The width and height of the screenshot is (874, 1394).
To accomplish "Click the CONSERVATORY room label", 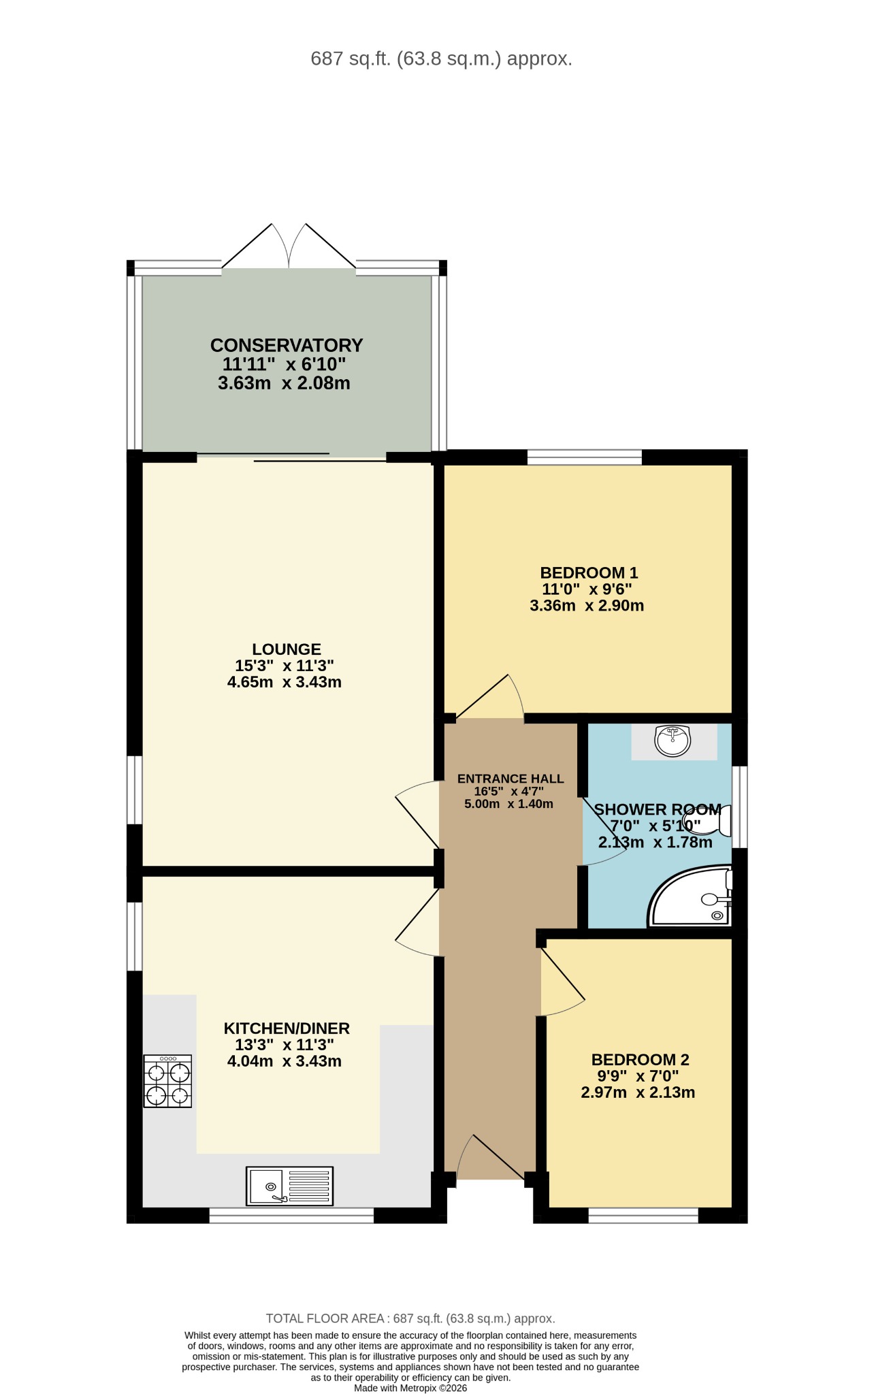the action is tap(287, 345).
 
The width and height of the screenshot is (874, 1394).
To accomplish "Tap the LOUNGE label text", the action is tap(287, 649).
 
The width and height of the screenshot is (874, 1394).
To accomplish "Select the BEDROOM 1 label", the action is tap(589, 573).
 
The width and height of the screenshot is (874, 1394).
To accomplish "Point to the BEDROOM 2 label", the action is tap(640, 1060).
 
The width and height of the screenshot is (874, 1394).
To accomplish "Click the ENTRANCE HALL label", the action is tap(511, 779).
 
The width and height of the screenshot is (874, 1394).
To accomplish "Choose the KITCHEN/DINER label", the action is tap(287, 1028).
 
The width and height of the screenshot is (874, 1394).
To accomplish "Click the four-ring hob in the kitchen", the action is tap(167, 1081).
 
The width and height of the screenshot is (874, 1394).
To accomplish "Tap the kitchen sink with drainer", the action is tap(290, 1186).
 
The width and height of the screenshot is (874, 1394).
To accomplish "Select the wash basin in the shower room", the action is tap(673, 741).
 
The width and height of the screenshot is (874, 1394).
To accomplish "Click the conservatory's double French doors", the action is tap(289, 246).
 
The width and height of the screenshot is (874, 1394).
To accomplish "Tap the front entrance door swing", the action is tap(491, 1157).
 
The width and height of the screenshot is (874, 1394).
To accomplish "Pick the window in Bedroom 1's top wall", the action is tap(585, 457).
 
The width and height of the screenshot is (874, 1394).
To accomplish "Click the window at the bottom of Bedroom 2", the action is tap(643, 1215).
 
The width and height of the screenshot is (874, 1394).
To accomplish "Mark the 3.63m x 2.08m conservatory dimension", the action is tap(284, 383).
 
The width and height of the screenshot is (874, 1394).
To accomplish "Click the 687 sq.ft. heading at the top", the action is tap(441, 59).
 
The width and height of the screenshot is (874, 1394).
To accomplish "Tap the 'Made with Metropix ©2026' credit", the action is tap(410, 1388).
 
